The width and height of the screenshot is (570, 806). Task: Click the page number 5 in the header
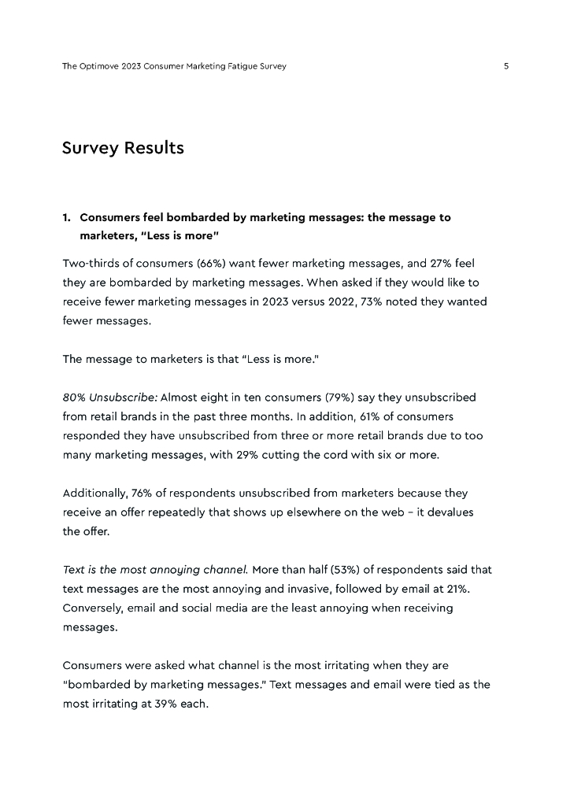(x=506, y=67)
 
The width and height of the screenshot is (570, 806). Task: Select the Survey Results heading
(x=123, y=148)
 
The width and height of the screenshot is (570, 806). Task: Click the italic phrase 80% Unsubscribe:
(x=109, y=397)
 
